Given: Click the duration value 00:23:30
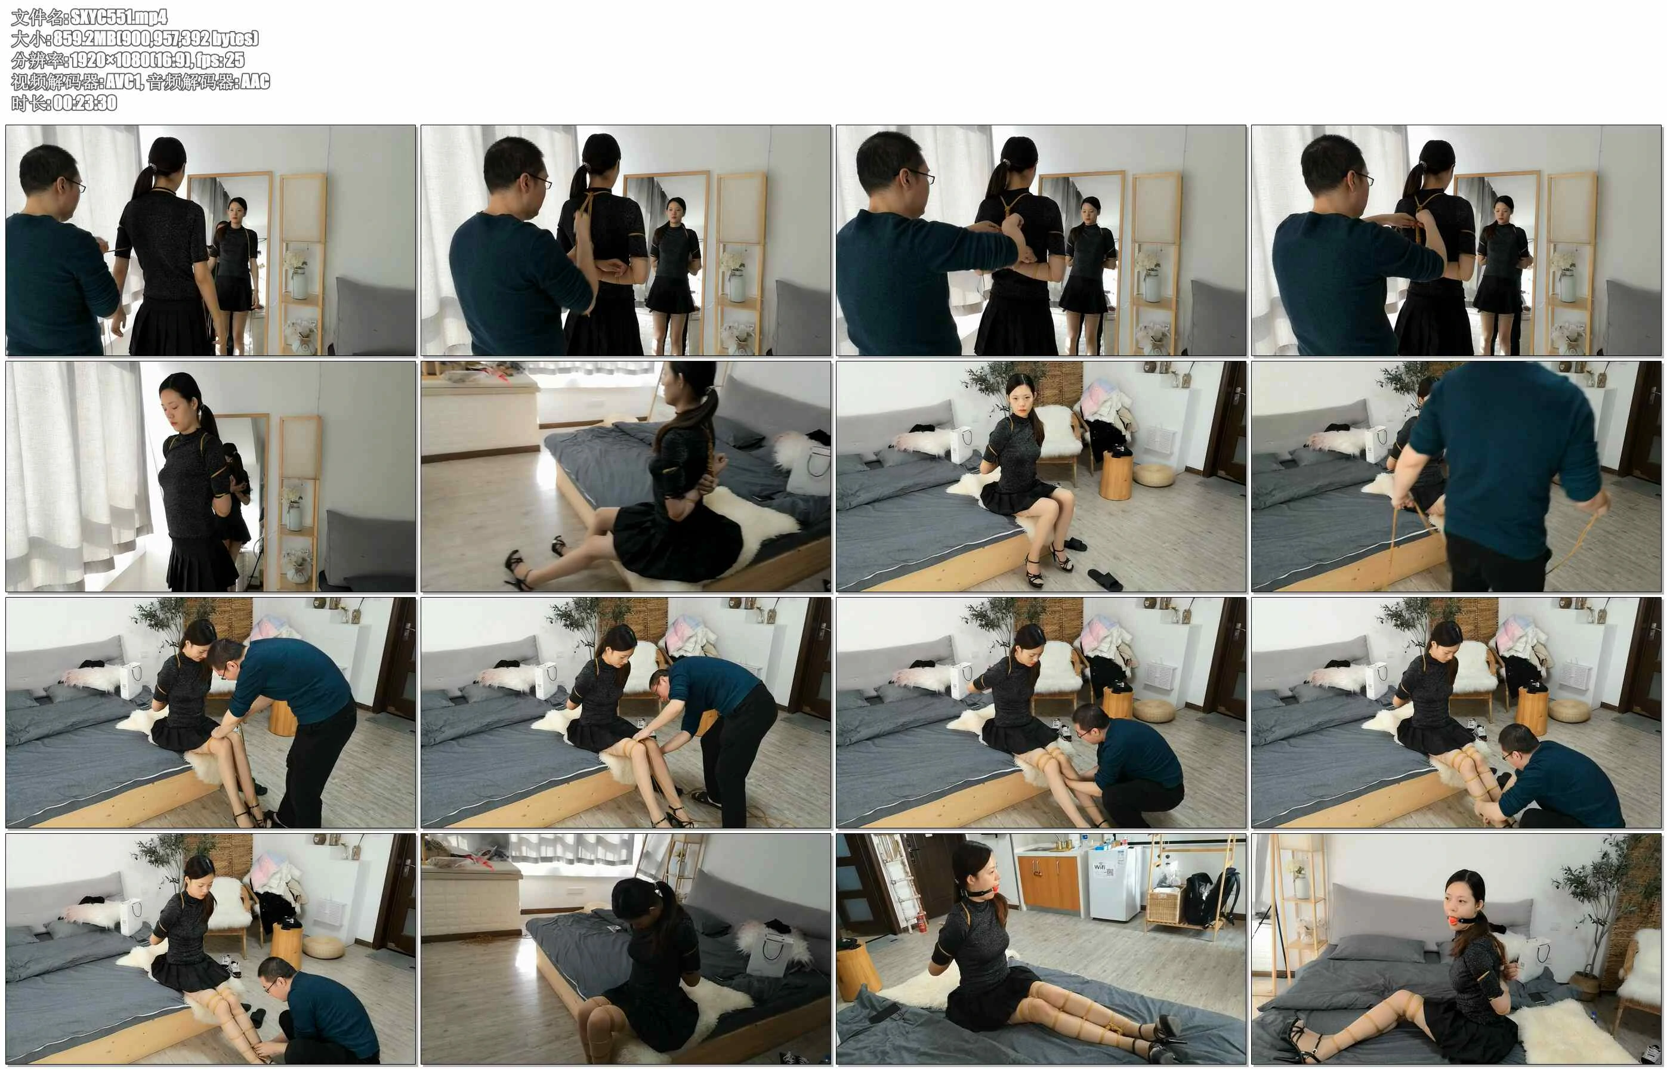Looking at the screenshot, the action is [x=85, y=103].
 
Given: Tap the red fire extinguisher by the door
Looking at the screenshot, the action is [x=921, y=922].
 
